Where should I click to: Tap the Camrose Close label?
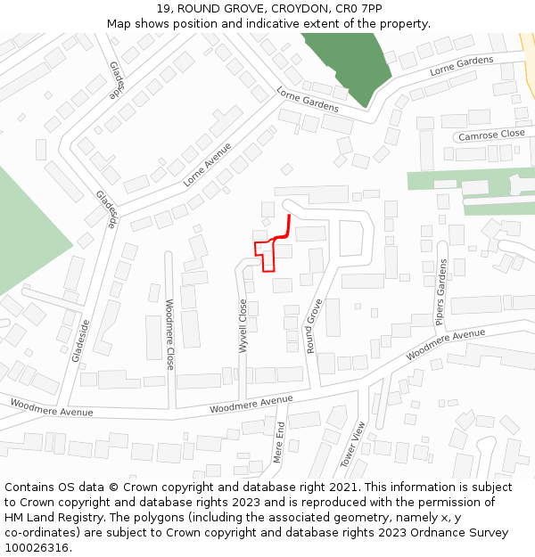click(491, 135)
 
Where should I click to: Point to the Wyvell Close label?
click(243, 325)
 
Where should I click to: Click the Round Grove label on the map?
click(313, 326)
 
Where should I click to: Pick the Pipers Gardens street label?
click(440, 292)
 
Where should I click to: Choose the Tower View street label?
click(353, 444)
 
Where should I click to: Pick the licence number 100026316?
click(37, 548)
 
